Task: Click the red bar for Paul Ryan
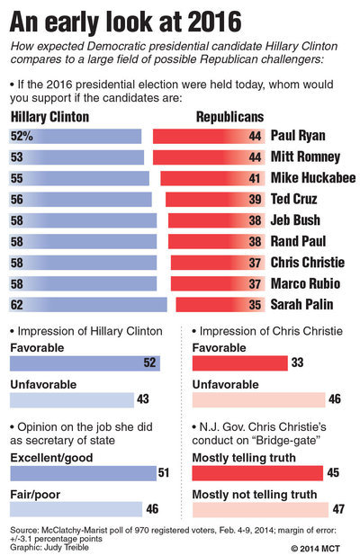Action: (209, 136)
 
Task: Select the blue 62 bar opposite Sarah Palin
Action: (88, 305)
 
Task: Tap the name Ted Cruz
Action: (293, 199)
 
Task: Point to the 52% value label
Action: (22, 136)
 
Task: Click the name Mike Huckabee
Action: (313, 178)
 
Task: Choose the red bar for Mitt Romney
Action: (209, 157)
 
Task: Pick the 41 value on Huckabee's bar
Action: (255, 178)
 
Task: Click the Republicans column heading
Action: (230, 117)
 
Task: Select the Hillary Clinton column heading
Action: (49, 117)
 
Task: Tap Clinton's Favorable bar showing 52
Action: (85, 363)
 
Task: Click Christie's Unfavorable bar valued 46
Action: (259, 400)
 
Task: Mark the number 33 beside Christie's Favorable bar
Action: (297, 363)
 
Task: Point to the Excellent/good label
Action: (51, 458)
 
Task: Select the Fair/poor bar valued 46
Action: (76, 509)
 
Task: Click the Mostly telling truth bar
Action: (257, 473)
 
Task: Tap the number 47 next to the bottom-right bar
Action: (338, 509)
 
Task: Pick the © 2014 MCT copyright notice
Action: (315, 549)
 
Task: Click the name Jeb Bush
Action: (295, 220)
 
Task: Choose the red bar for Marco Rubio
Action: (218, 284)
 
